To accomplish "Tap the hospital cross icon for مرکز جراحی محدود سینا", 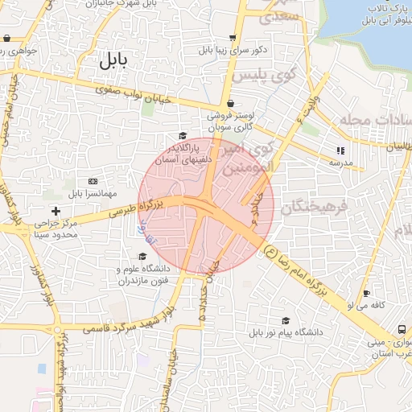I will (x=56, y=211).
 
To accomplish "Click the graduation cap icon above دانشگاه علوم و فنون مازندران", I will (x=143, y=256).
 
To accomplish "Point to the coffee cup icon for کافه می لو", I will (x=367, y=294).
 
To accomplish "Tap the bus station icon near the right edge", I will (x=402, y=329).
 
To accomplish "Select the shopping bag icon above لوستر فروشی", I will (x=232, y=104).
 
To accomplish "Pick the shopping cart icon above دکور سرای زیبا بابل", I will (x=233, y=37).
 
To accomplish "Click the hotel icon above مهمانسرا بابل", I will (x=93, y=181).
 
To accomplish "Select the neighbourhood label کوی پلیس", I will (x=265, y=75).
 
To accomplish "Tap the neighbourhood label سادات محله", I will (x=378, y=118).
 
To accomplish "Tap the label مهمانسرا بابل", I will (x=93, y=193).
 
